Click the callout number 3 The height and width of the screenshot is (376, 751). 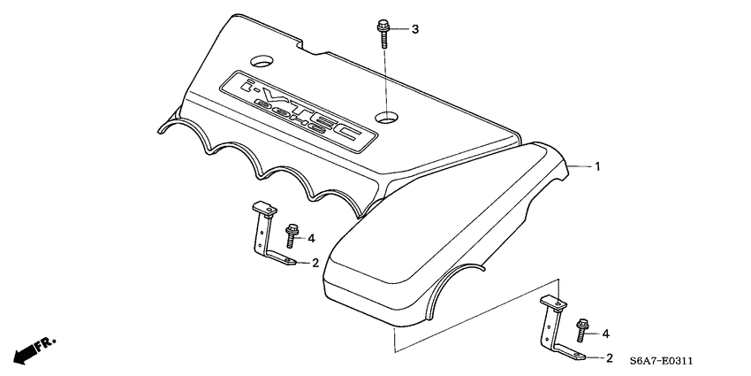pyautogui.click(x=415, y=30)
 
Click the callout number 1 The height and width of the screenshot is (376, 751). pyautogui.click(x=597, y=166)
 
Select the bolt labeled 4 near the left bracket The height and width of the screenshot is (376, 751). pyautogui.click(x=292, y=236)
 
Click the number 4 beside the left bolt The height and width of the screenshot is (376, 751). pyautogui.click(x=312, y=237)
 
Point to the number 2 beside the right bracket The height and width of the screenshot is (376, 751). pyautogui.click(x=610, y=358)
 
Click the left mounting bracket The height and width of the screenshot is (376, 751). pyautogui.click(x=263, y=232)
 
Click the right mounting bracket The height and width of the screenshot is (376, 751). pyautogui.click(x=551, y=327)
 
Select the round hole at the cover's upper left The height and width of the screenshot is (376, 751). pyautogui.click(x=261, y=63)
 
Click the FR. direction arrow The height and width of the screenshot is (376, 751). pyautogui.click(x=35, y=348)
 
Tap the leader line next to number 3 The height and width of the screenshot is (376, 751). pyautogui.click(x=402, y=30)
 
